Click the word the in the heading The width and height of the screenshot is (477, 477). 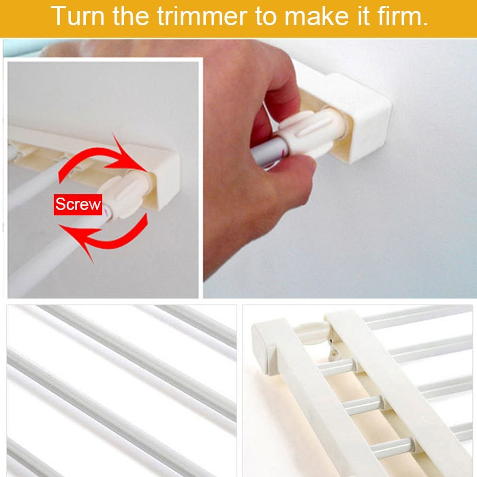(132, 16)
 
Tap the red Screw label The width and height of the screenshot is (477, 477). (78, 204)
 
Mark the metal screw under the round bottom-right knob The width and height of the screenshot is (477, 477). (334, 352)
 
